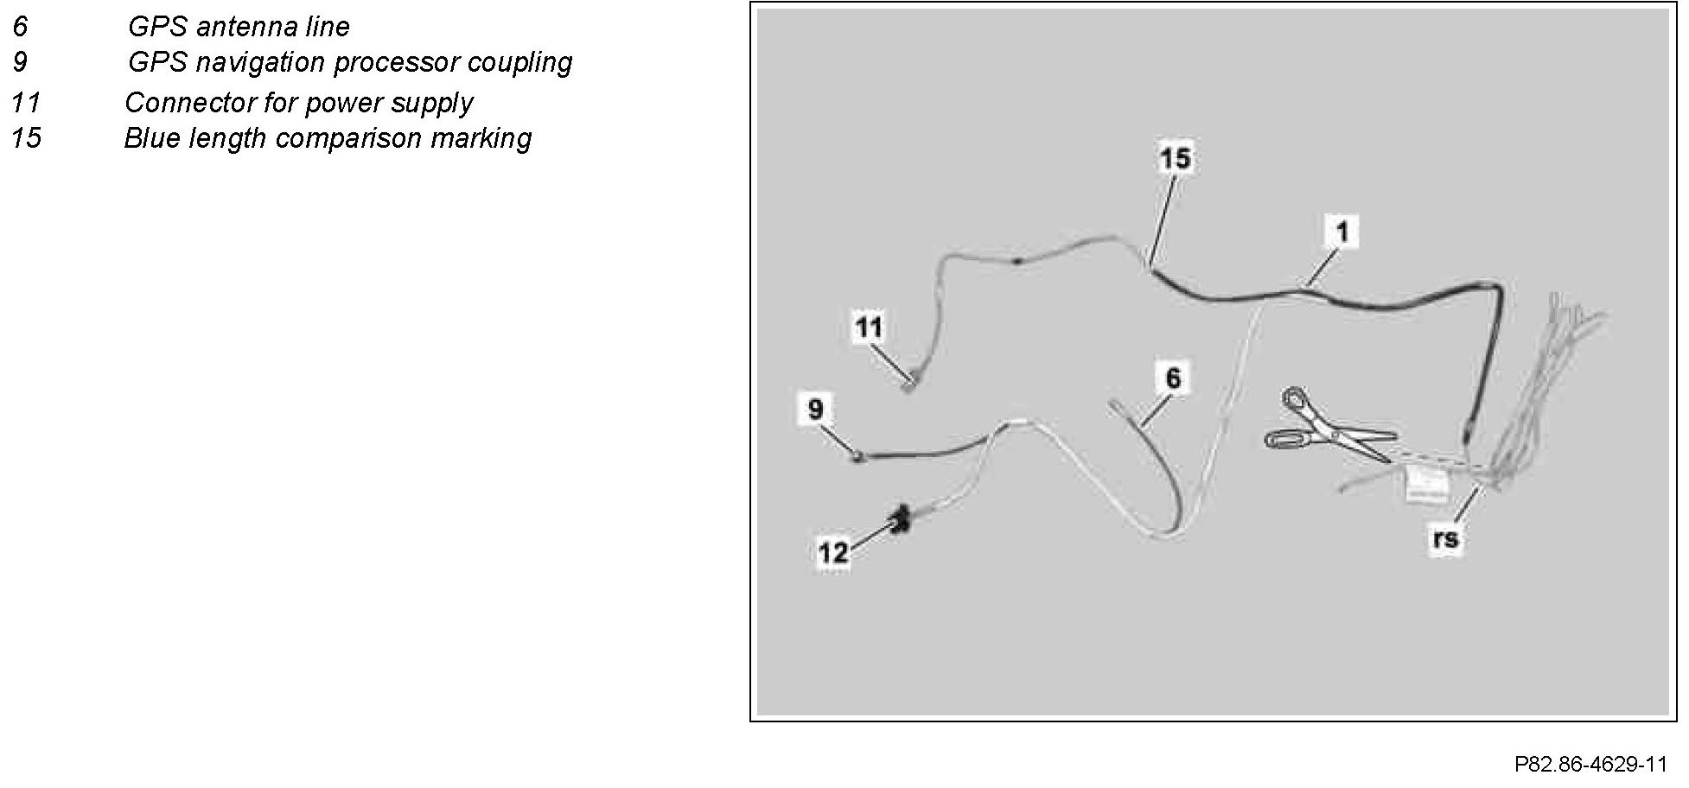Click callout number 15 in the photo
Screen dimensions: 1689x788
pyautogui.click(x=1175, y=159)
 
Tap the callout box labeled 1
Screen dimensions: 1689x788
pyautogui.click(x=1342, y=232)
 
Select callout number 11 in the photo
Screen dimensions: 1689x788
pyautogui.click(x=869, y=327)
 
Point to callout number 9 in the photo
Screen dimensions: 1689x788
pyautogui.click(x=816, y=408)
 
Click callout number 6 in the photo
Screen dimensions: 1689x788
pyautogui.click(x=1172, y=378)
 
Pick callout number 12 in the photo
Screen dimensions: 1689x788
pyautogui.click(x=833, y=551)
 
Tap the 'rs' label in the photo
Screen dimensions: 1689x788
pyautogui.click(x=1444, y=539)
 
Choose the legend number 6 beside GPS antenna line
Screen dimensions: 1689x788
pyautogui.click(x=20, y=27)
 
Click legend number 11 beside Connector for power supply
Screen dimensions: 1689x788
pyautogui.click(x=26, y=103)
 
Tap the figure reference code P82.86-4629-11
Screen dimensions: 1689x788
pyautogui.click(x=1590, y=765)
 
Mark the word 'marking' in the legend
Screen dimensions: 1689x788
pyautogui.click(x=488, y=139)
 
